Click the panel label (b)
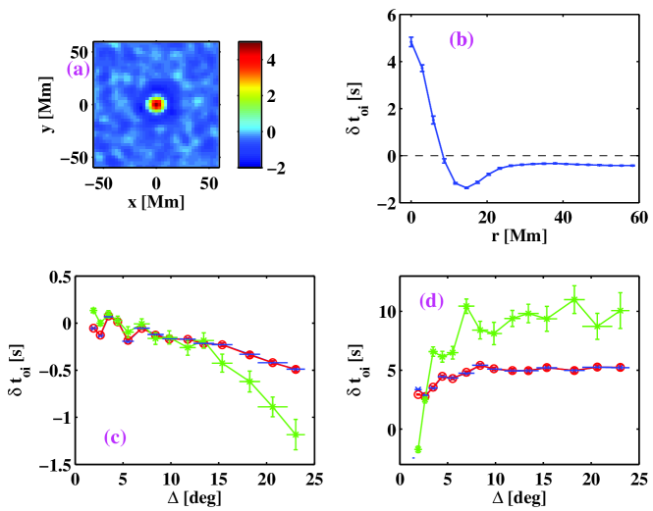click(462, 41)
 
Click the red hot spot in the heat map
click(155, 104)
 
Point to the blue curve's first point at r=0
click(411, 41)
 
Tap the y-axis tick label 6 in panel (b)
click(389, 14)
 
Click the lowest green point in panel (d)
click(417, 449)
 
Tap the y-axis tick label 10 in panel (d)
click(385, 312)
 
